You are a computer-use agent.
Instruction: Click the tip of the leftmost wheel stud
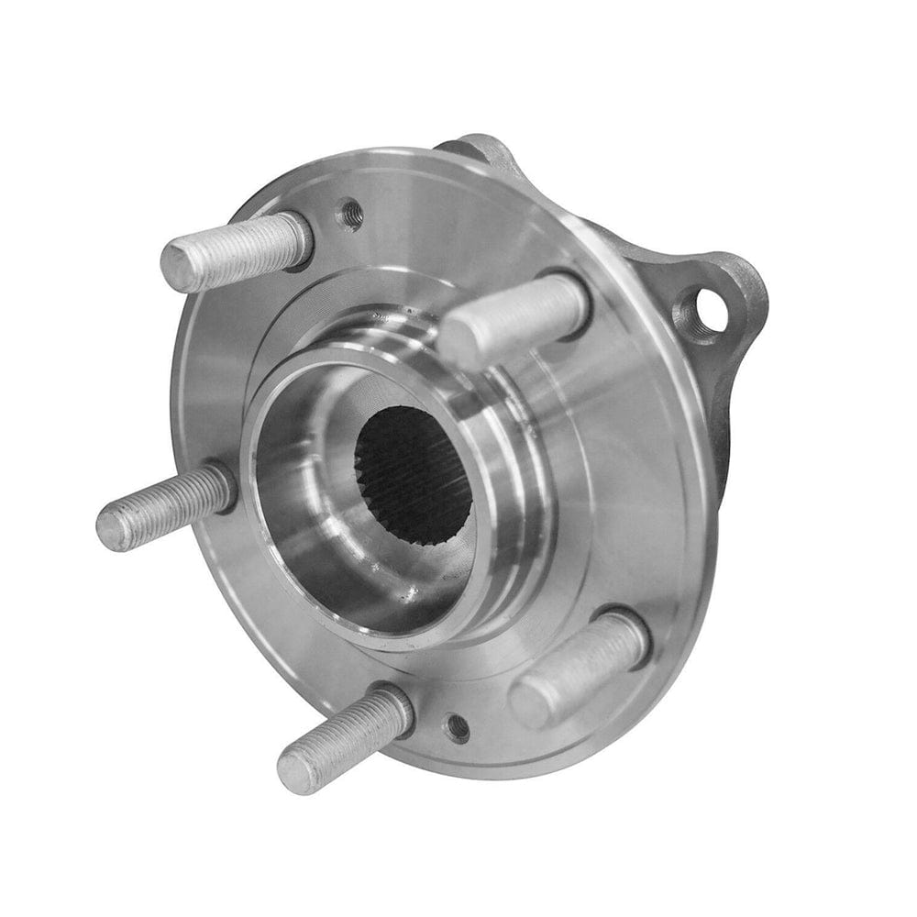click(113, 533)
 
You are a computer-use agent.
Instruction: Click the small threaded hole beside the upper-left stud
click(351, 215)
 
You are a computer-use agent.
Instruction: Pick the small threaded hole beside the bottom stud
click(456, 728)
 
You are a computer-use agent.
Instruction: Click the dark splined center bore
click(413, 473)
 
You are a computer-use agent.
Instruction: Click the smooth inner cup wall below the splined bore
click(367, 587)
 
